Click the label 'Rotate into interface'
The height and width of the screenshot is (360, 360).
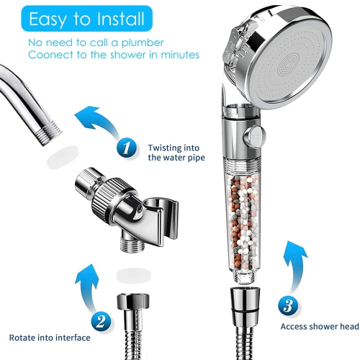[50, 337]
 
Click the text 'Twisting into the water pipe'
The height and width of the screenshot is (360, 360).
[177, 152]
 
